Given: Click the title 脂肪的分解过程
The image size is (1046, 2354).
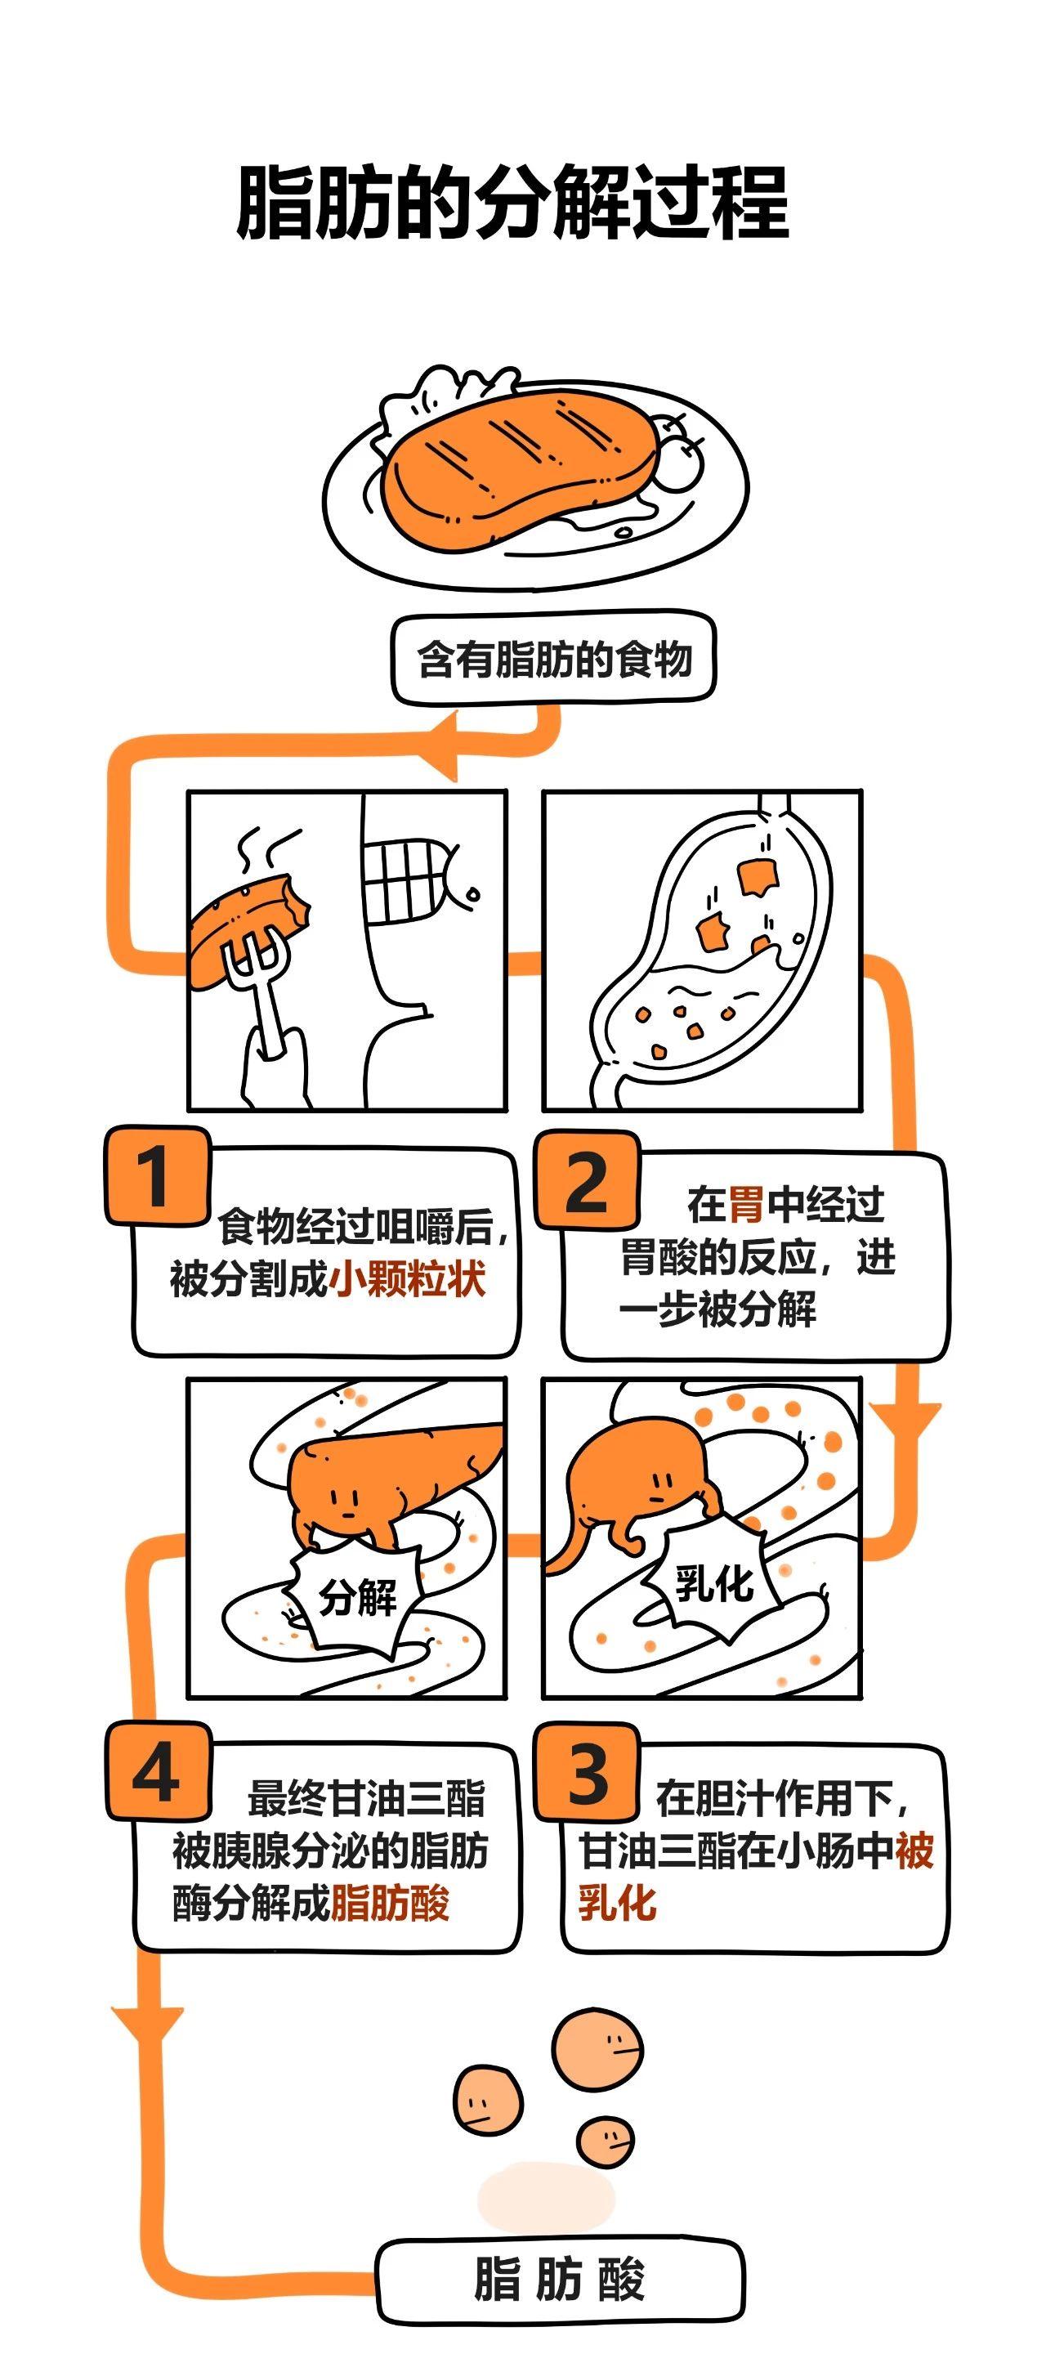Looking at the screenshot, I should coord(512,203).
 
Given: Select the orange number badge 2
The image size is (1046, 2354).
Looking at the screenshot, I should coord(587,1179).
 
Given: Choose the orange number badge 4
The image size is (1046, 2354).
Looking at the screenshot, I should coord(157,1771).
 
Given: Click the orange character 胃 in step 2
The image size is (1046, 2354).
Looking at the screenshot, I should coord(745,1205).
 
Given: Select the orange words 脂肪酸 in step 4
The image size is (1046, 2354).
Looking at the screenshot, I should coord(390,1904).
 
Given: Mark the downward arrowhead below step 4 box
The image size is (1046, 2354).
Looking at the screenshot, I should coord(149,2021).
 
